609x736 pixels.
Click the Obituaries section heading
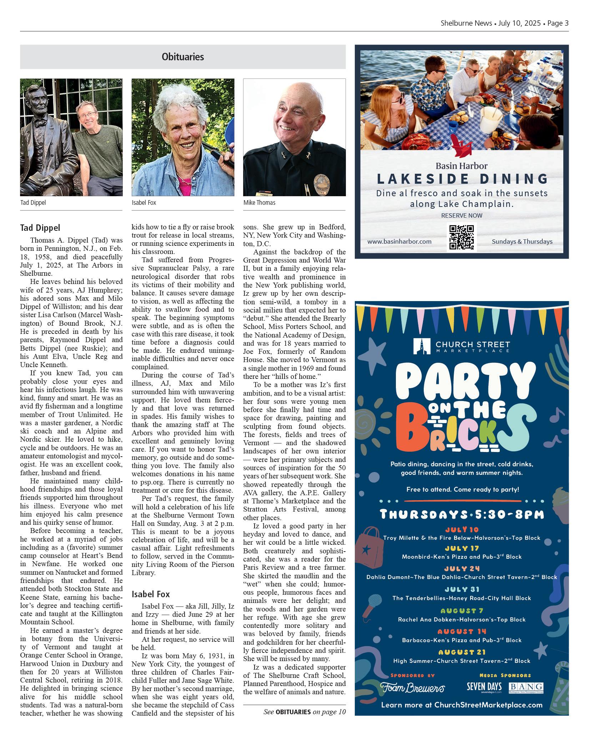coord(183,57)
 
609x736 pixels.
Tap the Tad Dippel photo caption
coord(33,203)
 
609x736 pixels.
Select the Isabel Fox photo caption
coord(144,203)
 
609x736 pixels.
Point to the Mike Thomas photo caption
coord(260,203)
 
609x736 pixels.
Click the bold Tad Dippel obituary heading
coord(40,228)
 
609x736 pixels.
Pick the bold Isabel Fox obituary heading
coord(151,594)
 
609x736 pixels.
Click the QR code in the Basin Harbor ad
coord(462,237)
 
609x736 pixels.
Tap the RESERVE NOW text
coord(462,215)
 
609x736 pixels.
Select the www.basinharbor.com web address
coord(399,242)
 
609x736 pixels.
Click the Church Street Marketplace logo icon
coord(422,346)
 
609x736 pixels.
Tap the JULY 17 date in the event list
coord(462,548)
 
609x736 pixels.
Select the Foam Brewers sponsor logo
coord(412,688)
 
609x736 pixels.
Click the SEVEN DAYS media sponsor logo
coord(484,687)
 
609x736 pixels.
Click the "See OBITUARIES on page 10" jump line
coord(304,712)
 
